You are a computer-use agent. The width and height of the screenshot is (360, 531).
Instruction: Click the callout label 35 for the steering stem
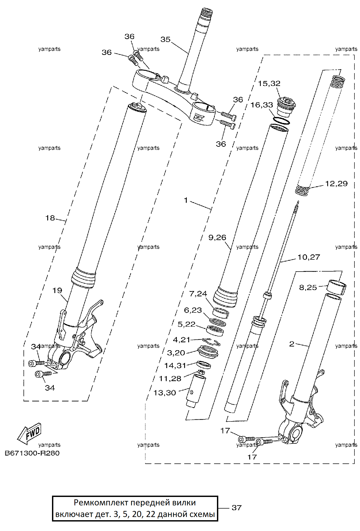pos(165,39)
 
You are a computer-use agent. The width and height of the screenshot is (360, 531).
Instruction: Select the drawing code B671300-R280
pos(32,453)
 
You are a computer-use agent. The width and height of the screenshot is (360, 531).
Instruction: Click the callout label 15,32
pos(269,83)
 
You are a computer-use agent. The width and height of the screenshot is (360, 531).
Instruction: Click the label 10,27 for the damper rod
pos(309,257)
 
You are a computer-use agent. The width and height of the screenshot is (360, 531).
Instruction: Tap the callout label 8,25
pos(308,287)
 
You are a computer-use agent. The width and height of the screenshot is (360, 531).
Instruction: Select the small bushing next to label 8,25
pos(337,287)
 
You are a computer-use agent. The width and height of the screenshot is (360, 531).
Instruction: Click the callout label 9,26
pos(217,238)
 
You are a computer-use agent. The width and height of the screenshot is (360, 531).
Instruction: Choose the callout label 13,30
pos(165,393)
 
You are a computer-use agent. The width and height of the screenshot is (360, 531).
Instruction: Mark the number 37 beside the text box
pos(236,508)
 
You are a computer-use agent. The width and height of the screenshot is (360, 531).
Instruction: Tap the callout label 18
pos(50,218)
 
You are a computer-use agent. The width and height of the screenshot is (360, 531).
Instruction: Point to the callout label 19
pos(57,291)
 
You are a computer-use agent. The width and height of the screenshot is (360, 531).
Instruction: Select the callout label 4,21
pos(182,340)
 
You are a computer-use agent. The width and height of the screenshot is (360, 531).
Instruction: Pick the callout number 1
pos(186,201)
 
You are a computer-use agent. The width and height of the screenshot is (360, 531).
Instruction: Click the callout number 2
pos(292,344)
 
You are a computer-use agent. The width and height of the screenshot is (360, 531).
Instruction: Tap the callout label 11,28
pos(170,379)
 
